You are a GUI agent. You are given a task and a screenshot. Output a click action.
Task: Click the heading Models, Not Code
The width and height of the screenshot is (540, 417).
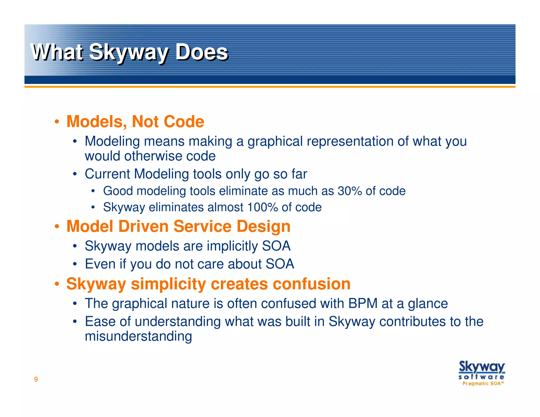click(x=135, y=122)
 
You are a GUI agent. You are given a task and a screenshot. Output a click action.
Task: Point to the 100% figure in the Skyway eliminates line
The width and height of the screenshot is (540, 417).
click(x=263, y=207)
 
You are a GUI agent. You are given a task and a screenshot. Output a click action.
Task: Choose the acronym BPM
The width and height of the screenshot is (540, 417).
click(x=363, y=303)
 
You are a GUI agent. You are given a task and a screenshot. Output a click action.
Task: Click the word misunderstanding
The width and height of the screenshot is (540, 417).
click(x=138, y=337)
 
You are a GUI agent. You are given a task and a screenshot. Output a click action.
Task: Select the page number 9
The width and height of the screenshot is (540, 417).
click(x=36, y=379)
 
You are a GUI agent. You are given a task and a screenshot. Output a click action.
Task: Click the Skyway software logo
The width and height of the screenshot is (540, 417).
click(x=481, y=370)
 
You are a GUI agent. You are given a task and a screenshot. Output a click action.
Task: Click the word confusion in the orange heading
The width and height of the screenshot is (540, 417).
click(x=311, y=284)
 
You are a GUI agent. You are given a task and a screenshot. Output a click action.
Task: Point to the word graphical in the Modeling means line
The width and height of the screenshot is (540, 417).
click(x=275, y=142)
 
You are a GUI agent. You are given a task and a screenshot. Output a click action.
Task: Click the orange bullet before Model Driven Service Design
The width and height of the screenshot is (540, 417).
click(x=57, y=227)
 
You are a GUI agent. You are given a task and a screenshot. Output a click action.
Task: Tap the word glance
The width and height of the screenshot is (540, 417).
click(x=428, y=304)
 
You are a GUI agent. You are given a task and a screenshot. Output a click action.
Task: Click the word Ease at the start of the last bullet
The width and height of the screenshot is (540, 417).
click(x=100, y=322)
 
